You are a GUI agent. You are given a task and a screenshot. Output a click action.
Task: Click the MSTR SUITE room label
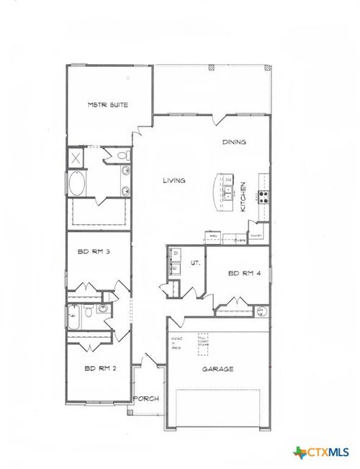pyautogui.click(x=108, y=105)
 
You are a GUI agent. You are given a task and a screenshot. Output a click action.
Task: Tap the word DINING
pyautogui.click(x=234, y=142)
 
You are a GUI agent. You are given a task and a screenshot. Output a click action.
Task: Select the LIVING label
pyautogui.click(x=174, y=180)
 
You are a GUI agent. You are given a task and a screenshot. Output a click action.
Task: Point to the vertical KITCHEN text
pyautogui.click(x=244, y=196)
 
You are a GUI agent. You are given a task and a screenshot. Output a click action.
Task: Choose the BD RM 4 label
pyautogui.click(x=242, y=274)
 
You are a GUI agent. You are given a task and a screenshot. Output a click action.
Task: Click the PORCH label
pyautogui.click(x=147, y=398)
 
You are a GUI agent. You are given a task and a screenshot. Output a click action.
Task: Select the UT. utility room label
pyautogui.click(x=194, y=264)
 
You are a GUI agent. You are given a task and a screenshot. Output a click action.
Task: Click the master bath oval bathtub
pyautogui.click(x=76, y=184)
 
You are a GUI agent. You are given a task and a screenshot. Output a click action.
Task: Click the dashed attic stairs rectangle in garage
pyautogui.click(x=203, y=343)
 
